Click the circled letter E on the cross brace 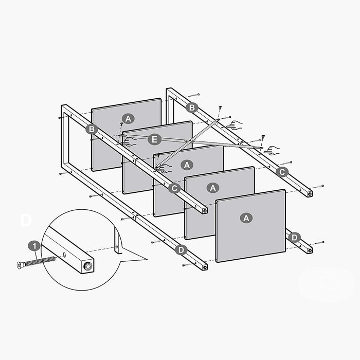pyautogui.click(x=153, y=139)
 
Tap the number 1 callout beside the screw pyautogui.click(x=34, y=245)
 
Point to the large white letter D pyautogui.click(x=26, y=221)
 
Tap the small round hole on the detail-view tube pyautogui.click(x=65, y=254)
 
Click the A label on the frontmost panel pyautogui.click(x=246, y=218)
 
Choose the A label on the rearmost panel pyautogui.click(x=128, y=119)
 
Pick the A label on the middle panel pyautogui.click(x=187, y=165)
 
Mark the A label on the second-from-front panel pyautogui.click(x=213, y=188)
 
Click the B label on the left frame pyautogui.click(x=92, y=129)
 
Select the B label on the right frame pyautogui.click(x=192, y=107)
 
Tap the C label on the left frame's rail pyautogui.click(x=174, y=188)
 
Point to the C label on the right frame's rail pyautogui.click(x=281, y=172)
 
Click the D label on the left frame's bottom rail pyautogui.click(x=181, y=250)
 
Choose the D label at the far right pyautogui.click(x=294, y=237)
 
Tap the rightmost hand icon pyautogui.click(x=271, y=151)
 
